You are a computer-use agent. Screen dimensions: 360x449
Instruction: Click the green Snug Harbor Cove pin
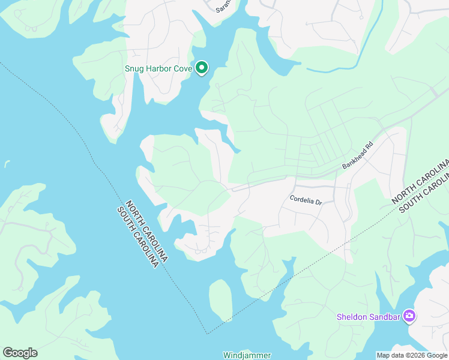(x=202, y=68)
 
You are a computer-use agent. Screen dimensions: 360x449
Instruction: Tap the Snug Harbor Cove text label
(x=158, y=68)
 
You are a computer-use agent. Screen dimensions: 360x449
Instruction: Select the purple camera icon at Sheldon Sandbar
(x=409, y=316)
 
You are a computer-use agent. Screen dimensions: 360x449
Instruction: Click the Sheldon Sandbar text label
(x=369, y=316)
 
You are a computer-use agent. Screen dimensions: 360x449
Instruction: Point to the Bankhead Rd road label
(x=358, y=155)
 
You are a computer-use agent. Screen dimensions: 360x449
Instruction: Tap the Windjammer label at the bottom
(x=247, y=355)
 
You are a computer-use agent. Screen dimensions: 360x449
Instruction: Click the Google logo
(x=20, y=353)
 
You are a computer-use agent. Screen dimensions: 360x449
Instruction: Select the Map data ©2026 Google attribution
(x=412, y=355)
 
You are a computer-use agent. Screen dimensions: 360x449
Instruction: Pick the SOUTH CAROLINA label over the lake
(x=139, y=237)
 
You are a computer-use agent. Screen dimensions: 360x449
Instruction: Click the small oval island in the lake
(x=220, y=299)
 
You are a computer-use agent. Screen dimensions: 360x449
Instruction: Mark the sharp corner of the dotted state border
(x=206, y=334)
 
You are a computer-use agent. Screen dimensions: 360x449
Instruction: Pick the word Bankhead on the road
(x=355, y=158)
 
